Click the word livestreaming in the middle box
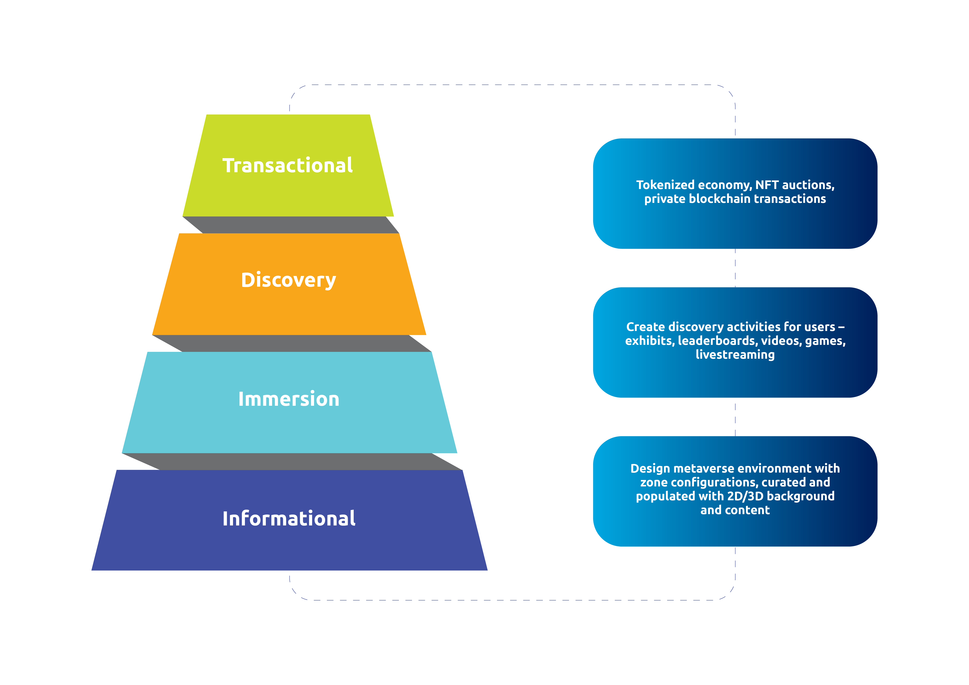coord(735,355)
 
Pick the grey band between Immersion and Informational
coord(292,461)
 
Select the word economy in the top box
coord(725,185)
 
